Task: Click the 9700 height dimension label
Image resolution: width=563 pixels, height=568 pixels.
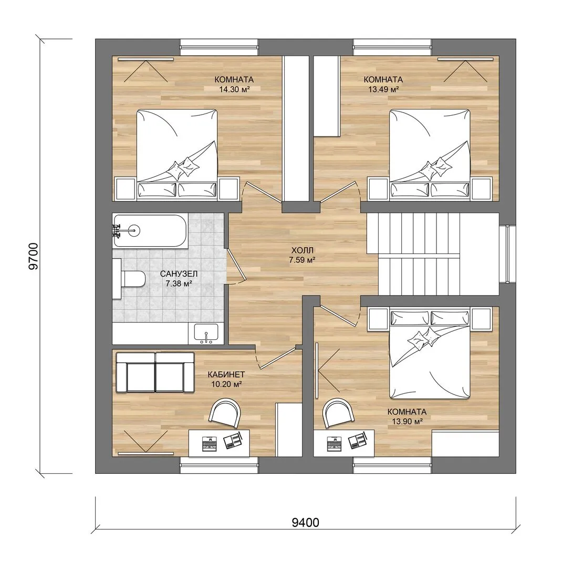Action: pos(33,257)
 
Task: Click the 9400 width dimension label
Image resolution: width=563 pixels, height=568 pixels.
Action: pos(305,522)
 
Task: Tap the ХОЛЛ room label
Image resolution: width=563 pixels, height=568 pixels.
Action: pos(302,250)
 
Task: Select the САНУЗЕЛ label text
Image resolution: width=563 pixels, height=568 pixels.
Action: pos(179,274)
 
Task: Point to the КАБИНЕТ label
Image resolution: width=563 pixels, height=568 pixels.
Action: pos(226,374)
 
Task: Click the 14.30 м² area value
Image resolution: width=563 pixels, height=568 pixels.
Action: pos(234,89)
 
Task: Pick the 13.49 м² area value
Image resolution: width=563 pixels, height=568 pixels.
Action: pos(383,89)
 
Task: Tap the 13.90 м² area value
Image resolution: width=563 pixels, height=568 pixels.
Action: pos(408,421)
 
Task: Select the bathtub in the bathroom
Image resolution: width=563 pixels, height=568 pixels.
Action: pos(150,231)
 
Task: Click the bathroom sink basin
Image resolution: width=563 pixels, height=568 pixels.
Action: pos(206,333)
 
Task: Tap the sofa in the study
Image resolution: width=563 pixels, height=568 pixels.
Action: pos(155,373)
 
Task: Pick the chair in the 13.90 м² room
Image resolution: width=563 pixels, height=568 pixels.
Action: pos(339,413)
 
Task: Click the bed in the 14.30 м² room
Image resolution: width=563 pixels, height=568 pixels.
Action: pos(177,155)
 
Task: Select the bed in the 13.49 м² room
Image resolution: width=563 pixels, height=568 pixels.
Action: pos(430,155)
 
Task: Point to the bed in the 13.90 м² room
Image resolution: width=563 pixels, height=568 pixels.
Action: pos(430,353)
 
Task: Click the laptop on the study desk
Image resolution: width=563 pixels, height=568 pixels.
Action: pos(208,443)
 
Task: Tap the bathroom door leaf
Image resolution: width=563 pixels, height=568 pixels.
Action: pos(236,264)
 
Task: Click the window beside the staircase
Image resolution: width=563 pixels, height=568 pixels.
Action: pos(507,254)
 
